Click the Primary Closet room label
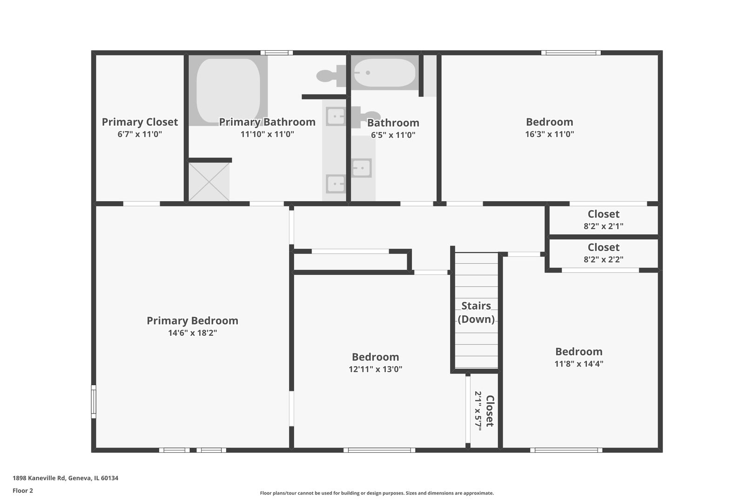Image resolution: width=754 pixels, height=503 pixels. (140, 122)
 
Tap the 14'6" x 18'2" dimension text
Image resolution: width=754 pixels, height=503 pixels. (193, 333)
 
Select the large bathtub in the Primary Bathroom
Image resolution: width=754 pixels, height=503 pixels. (228, 90)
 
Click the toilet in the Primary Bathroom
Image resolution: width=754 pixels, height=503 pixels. (331, 76)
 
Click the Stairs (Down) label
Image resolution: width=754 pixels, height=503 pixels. (476, 313)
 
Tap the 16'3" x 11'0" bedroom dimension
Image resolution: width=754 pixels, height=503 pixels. (550, 134)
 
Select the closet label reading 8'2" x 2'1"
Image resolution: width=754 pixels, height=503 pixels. (604, 226)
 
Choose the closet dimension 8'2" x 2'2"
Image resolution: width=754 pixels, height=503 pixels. (604, 259)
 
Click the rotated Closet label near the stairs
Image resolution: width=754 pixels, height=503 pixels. (490, 411)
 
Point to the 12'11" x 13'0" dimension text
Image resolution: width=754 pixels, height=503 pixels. (375, 369)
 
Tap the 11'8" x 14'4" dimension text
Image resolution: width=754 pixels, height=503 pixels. (579, 364)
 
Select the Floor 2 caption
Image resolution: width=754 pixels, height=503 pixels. (23, 490)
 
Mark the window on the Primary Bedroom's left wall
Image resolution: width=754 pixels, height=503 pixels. (94, 402)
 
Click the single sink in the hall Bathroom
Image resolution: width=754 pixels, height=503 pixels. (362, 168)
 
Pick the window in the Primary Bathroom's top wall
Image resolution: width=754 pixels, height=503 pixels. (276, 53)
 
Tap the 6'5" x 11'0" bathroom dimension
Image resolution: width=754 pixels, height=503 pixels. (393, 135)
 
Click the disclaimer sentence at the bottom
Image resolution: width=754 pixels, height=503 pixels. (377, 493)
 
